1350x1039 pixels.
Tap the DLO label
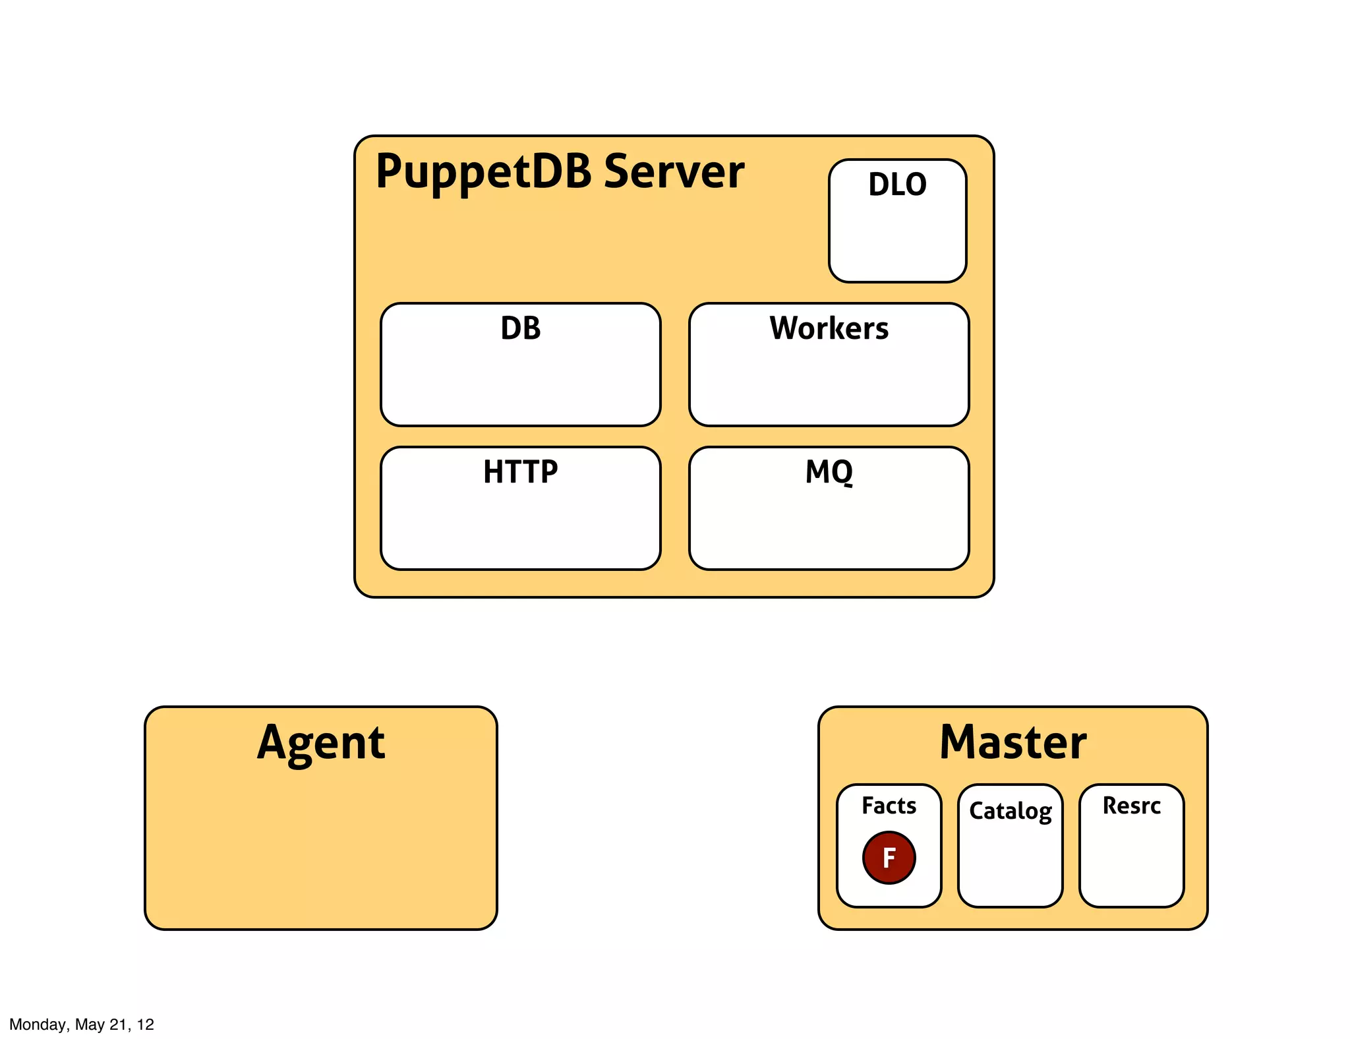point(897,185)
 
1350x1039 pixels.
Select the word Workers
point(829,328)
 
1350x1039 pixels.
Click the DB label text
point(520,328)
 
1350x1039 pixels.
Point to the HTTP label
point(520,472)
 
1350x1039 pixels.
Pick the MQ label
point(829,472)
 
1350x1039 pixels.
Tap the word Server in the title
point(674,172)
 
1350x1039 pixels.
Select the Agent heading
point(321,743)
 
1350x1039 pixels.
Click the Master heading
point(1012,743)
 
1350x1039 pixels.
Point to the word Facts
point(889,806)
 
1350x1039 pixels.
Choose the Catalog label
point(1010,811)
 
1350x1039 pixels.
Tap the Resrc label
point(1131,806)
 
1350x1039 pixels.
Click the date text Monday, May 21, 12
point(82,1024)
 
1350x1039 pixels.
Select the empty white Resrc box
point(1131,864)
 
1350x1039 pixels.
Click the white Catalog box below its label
point(1010,867)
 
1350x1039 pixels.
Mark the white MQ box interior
point(829,527)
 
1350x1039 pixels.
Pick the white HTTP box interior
point(520,527)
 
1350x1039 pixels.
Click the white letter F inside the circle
point(889,858)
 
